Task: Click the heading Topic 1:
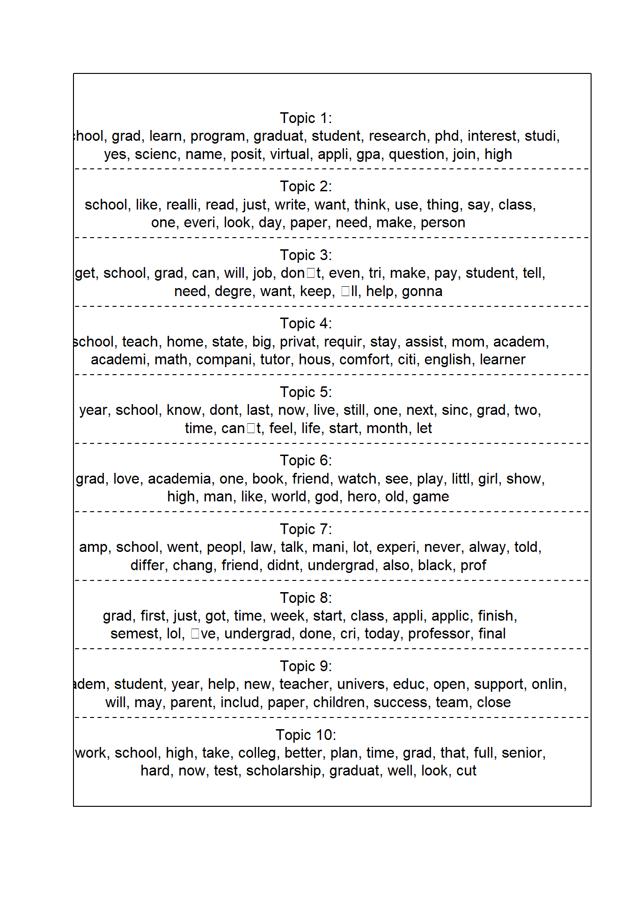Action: click(x=306, y=118)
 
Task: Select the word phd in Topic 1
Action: click(x=447, y=136)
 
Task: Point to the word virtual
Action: click(x=289, y=154)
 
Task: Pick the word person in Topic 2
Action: click(x=442, y=223)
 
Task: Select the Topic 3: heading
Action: click(x=306, y=255)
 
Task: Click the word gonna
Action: click(x=422, y=291)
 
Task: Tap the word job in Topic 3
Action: click(x=263, y=273)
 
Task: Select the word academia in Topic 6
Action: click(x=179, y=479)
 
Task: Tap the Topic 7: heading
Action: click(x=306, y=529)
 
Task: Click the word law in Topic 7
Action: click(x=261, y=547)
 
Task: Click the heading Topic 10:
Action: click(x=306, y=735)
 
